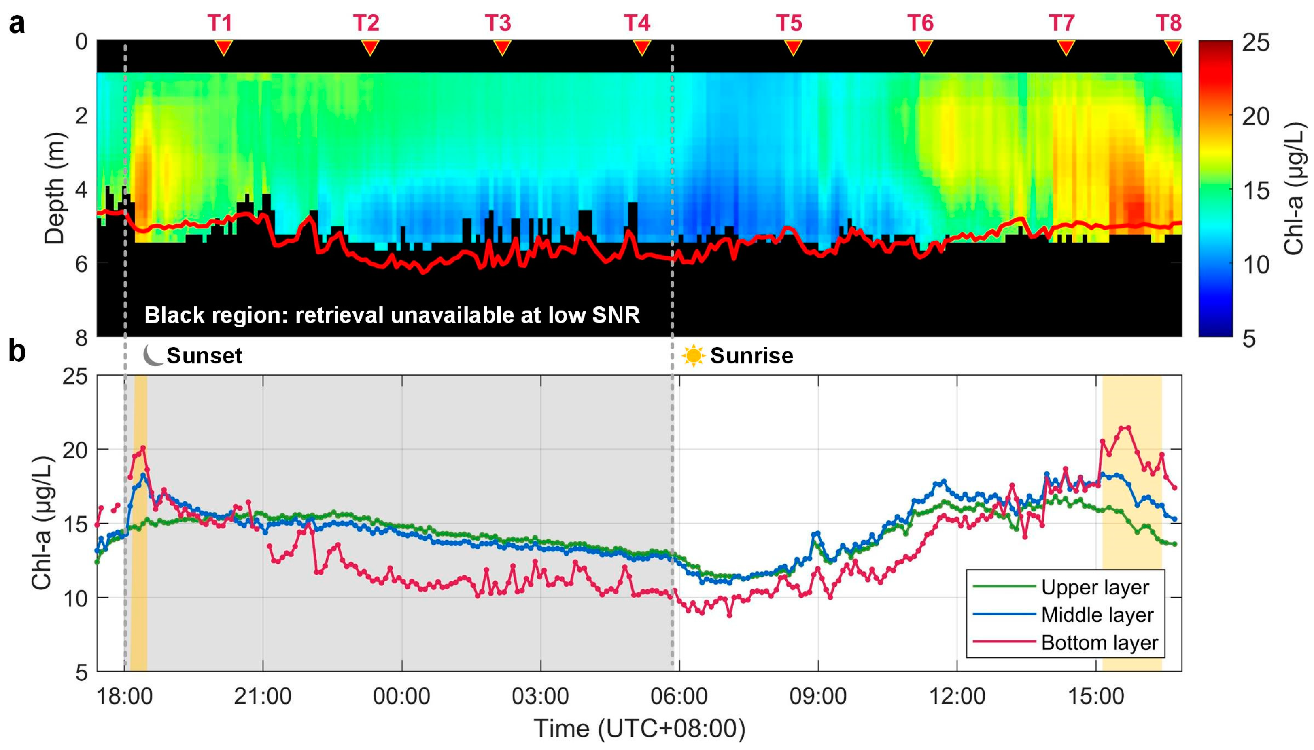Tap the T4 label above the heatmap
pyautogui.click(x=637, y=23)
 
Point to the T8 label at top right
pyautogui.click(x=1168, y=23)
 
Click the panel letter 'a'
pyautogui.click(x=17, y=24)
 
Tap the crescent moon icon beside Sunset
pyautogui.click(x=153, y=355)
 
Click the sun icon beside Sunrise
pyautogui.click(x=693, y=355)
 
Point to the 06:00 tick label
pyautogui.click(x=679, y=696)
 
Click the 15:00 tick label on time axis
pyautogui.click(x=1095, y=696)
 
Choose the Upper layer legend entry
pyautogui.click(x=1094, y=587)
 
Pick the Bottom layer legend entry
pyautogui.click(x=1100, y=642)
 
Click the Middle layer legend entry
pyautogui.click(x=1097, y=615)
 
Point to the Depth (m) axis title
pyautogui.click(x=55, y=188)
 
